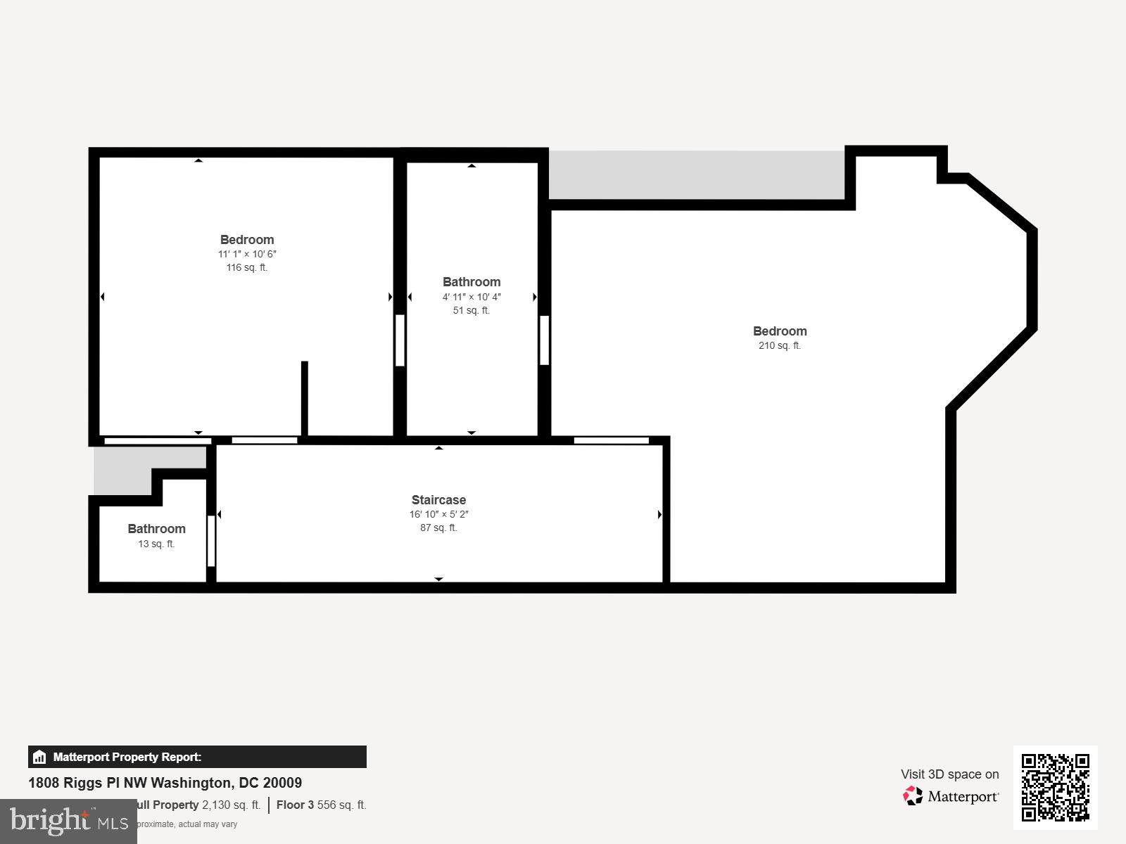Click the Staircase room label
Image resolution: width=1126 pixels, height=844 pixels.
point(438,500)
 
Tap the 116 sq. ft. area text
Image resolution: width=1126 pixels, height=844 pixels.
point(246,267)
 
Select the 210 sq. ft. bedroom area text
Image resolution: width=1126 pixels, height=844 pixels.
point(779,345)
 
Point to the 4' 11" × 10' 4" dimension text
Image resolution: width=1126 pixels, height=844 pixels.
point(472,297)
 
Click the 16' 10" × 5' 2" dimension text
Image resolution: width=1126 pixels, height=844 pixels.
point(438,514)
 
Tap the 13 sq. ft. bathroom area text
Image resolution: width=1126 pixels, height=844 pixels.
point(156,544)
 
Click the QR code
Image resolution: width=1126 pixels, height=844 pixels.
point(1055,787)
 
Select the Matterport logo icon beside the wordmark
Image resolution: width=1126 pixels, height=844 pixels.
point(913,796)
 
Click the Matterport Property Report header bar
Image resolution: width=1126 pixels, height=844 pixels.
point(197,757)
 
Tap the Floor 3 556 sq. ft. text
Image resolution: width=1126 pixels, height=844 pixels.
point(321,805)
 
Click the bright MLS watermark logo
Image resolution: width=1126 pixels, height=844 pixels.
point(68,821)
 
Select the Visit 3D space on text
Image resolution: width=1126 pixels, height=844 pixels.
point(949,774)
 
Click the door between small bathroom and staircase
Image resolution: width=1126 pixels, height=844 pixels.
point(210,541)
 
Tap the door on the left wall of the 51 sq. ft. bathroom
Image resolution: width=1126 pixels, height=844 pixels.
point(400,340)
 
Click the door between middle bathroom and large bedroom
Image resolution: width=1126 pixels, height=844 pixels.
point(544,340)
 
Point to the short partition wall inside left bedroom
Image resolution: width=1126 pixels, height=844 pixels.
point(305,398)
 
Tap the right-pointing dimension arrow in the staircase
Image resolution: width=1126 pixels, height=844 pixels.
point(659,515)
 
